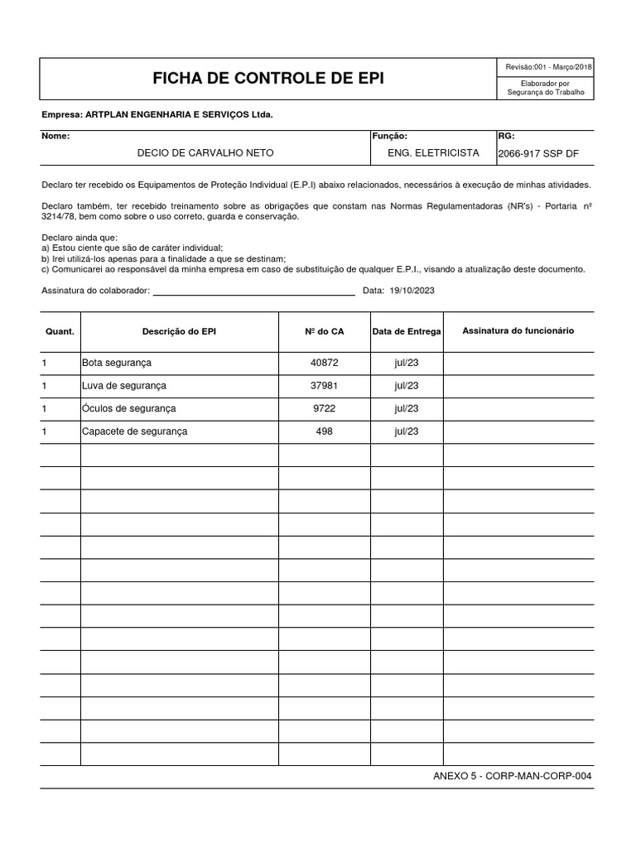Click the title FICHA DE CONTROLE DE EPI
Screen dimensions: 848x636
point(267,79)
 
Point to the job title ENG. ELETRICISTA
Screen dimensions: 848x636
point(433,153)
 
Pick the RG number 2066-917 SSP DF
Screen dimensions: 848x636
point(537,154)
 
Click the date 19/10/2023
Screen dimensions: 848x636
point(412,291)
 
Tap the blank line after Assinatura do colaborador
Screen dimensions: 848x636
point(253,291)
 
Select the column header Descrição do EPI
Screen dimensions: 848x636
point(179,331)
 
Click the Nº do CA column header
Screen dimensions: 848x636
point(325,331)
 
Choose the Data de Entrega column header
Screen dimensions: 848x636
point(407,331)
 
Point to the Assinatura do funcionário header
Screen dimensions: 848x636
point(518,330)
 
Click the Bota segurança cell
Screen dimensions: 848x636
point(117,363)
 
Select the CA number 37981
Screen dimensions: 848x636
point(325,386)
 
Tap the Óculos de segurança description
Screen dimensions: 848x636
point(129,408)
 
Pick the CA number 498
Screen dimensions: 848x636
point(325,431)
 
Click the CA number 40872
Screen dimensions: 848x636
point(325,363)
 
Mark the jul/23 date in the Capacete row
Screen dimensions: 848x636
point(407,431)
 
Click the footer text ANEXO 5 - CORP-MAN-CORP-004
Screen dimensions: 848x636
point(513,776)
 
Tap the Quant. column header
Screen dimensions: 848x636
point(60,331)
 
